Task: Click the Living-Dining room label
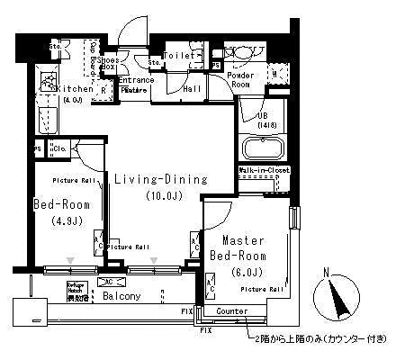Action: coord(160,179)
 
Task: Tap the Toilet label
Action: coord(177,56)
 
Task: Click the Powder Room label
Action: coord(240,80)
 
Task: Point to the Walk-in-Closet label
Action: coord(263,169)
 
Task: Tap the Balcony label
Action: coord(120,295)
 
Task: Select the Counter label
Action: coord(231,311)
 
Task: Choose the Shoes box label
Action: coord(107,63)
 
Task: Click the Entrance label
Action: coord(136,80)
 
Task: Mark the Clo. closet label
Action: coord(61,148)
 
